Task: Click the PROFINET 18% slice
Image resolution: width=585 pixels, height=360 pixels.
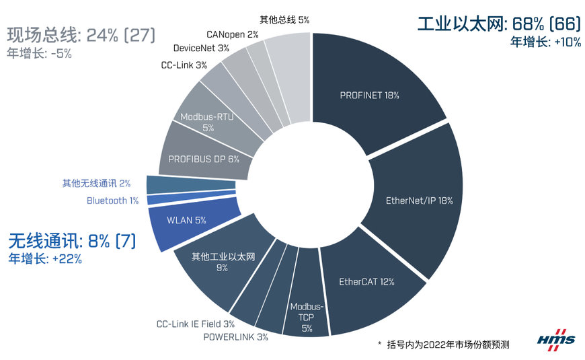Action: pyautogui.click(x=370, y=95)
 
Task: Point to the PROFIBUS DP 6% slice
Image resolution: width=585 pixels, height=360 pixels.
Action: pyautogui.click(x=203, y=159)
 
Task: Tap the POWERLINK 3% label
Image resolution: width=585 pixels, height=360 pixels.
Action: pyautogui.click(x=235, y=336)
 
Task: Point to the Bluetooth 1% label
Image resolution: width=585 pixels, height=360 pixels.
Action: pyautogui.click(x=112, y=201)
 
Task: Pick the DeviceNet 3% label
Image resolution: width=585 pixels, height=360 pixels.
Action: pyautogui.click(x=201, y=48)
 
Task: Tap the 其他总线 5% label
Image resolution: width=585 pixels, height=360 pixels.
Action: pyautogui.click(x=284, y=20)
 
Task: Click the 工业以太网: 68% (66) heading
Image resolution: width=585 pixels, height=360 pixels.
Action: pyautogui.click(x=498, y=24)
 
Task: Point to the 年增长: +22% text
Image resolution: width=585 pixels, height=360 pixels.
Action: pyautogui.click(x=45, y=258)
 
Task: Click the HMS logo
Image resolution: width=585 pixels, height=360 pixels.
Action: pyautogui.click(x=556, y=340)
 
